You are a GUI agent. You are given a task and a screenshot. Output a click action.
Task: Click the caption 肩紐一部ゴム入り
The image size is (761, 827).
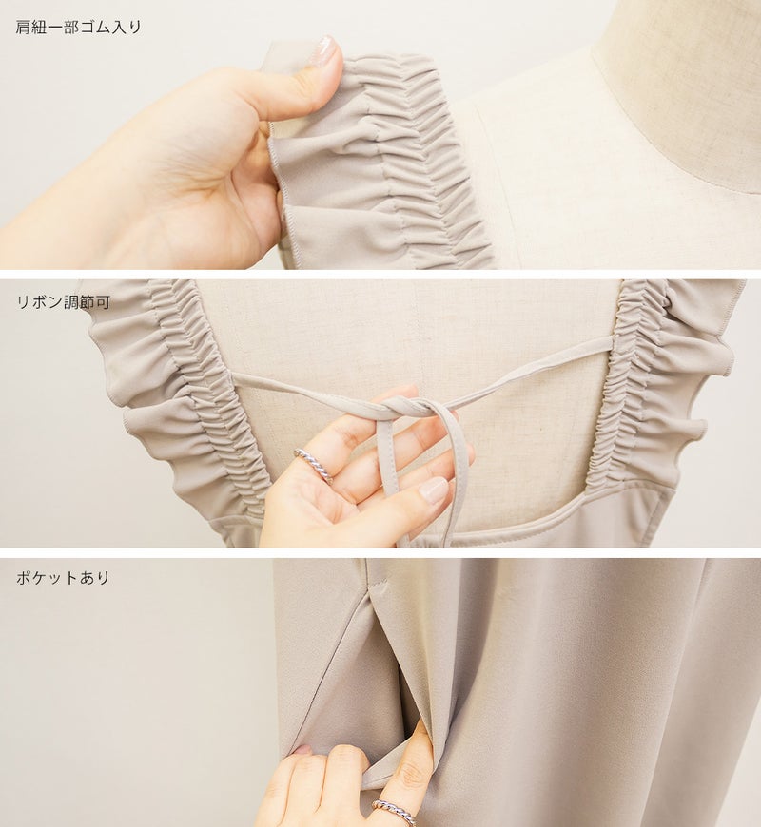pyautogui.click(x=79, y=27)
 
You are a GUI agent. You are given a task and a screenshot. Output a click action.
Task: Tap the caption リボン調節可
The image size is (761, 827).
pyautogui.click(x=64, y=302)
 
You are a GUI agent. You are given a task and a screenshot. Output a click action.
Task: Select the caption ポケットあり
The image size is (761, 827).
pyautogui.click(x=63, y=578)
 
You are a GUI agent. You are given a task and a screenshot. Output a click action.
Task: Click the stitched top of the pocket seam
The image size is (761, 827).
pyautogui.click(x=375, y=586)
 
